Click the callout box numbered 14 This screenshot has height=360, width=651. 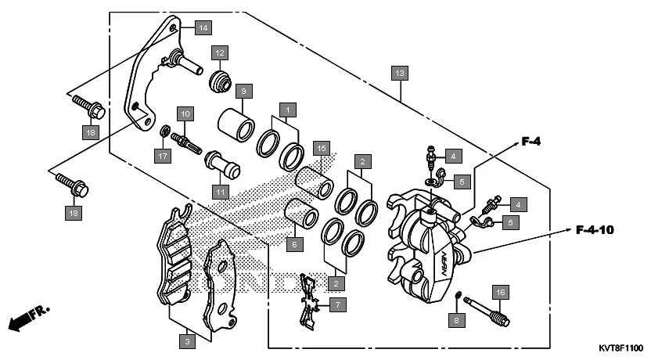(203, 28)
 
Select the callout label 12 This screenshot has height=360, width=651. (220, 52)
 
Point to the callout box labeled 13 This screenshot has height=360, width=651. (400, 74)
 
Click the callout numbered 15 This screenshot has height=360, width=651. (320, 148)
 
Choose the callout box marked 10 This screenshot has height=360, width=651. (185, 113)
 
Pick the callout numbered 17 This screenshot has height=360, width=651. (162, 157)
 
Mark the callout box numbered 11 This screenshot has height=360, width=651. (220, 191)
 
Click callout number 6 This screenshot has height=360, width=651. (293, 244)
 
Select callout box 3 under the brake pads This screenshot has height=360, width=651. (186, 341)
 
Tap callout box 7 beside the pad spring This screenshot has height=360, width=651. (337, 304)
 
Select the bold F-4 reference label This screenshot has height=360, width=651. (532, 142)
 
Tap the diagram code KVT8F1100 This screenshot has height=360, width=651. (620, 348)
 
